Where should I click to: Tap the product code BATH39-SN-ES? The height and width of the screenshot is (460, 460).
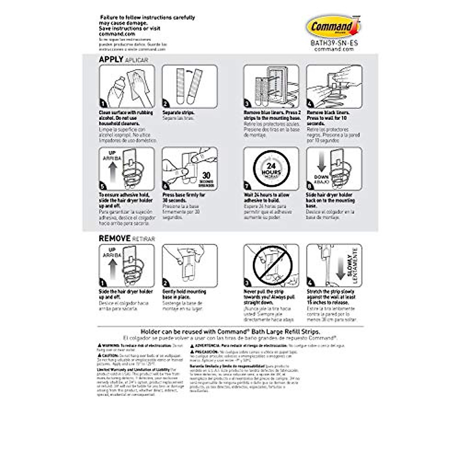(334, 43)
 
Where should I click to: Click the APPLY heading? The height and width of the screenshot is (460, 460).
(111, 59)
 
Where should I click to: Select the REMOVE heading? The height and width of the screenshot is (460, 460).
(115, 238)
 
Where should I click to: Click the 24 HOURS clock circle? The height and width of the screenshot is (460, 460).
(271, 169)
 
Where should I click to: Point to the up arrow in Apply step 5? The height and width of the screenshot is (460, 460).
(112, 174)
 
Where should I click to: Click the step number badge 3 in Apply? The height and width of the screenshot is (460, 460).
(247, 103)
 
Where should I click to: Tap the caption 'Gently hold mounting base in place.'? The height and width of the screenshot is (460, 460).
(184, 294)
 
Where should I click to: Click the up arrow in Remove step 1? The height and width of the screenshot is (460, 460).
(112, 268)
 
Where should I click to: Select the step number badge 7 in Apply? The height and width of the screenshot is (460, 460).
(247, 186)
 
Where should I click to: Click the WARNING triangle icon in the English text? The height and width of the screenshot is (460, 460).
(99, 345)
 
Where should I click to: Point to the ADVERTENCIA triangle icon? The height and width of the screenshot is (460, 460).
(192, 345)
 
